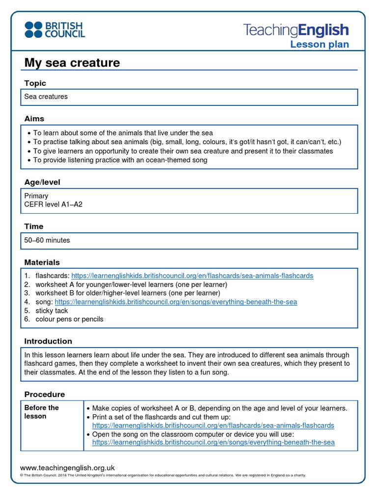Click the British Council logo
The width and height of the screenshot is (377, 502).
pos(54,29)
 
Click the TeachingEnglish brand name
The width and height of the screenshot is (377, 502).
pos(296,30)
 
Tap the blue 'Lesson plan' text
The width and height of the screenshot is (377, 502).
pos(319,45)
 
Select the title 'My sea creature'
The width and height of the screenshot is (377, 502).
pos(72,63)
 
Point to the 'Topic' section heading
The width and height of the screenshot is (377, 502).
pos(35,83)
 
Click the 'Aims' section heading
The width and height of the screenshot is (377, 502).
pos(34,119)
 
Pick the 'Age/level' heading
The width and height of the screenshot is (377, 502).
pos(42,182)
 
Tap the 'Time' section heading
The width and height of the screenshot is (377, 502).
pos(34,226)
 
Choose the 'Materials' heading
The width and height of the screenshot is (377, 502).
pos(42,262)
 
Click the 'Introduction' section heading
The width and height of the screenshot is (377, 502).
pos(48,341)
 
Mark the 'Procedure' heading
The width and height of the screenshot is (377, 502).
pos(45,394)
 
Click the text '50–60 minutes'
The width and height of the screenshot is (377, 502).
pos(47,240)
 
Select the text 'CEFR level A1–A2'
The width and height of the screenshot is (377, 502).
pos(54,204)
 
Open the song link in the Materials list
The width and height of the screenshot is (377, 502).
pos(176,302)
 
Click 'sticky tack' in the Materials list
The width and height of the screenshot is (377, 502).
pos(52,311)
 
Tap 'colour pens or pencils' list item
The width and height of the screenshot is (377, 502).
pos(69,320)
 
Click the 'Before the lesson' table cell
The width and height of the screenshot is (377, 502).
pos(42,412)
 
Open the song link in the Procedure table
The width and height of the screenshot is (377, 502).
pos(213,442)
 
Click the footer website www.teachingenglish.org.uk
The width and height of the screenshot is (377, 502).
pos(67,468)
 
